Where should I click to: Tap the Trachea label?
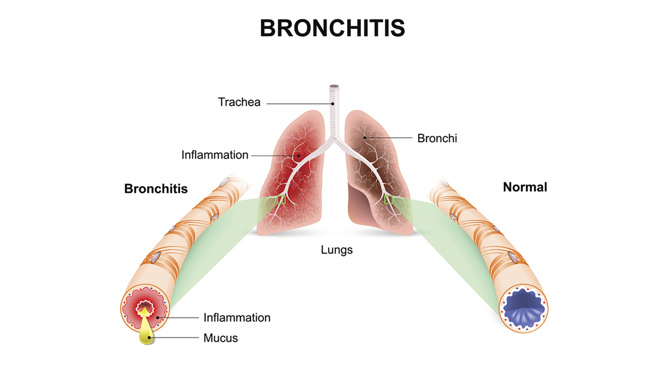239,103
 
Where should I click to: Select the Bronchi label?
437,138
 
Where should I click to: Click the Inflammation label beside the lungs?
215,155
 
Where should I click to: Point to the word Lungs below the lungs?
337,250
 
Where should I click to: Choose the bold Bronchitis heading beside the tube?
156,189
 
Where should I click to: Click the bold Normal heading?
525,187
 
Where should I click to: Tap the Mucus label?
220,338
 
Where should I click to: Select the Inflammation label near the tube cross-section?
237,318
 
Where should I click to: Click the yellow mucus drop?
147,332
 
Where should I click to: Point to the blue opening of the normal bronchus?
523,307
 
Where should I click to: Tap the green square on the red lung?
281,199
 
